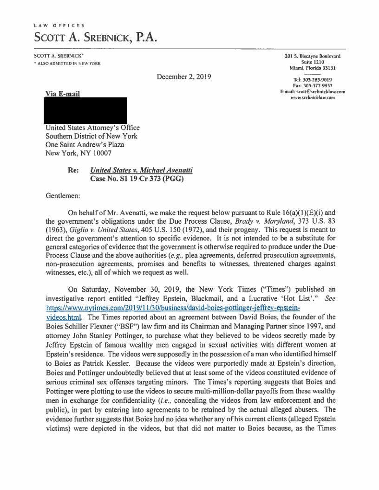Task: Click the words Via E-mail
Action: click(62, 94)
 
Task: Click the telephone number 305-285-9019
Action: click(317, 79)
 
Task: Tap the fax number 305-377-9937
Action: click(317, 85)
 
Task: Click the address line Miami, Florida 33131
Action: click(313, 68)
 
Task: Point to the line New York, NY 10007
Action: click(78, 153)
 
